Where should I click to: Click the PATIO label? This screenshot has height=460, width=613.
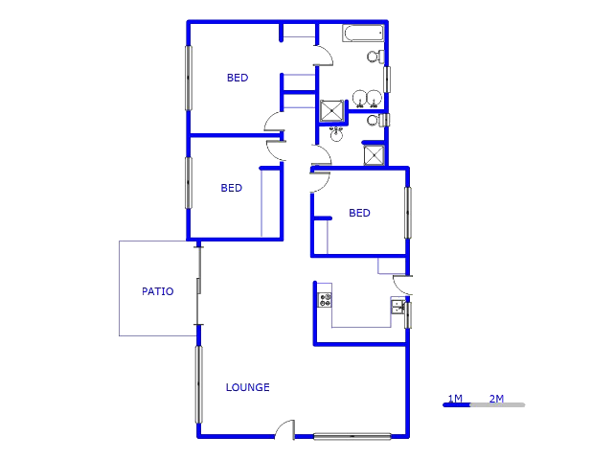click(158, 291)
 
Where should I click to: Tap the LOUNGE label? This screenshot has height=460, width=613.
click(247, 388)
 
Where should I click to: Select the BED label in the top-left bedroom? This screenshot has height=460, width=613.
click(238, 79)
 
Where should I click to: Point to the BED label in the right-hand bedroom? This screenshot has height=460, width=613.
click(359, 214)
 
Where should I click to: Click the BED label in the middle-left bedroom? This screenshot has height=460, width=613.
click(231, 189)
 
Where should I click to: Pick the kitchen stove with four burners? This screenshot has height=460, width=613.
click(326, 300)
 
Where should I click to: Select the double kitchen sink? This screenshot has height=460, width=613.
click(397, 307)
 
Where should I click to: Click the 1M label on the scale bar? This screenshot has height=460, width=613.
click(455, 398)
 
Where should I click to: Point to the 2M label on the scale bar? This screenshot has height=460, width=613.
click(497, 398)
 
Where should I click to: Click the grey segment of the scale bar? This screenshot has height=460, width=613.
click(497, 405)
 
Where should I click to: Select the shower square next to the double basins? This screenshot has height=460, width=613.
click(331, 110)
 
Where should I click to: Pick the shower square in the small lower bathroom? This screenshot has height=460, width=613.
click(374, 156)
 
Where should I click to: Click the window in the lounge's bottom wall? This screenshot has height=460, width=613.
click(352, 436)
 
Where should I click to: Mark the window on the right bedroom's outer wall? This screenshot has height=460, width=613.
click(407, 213)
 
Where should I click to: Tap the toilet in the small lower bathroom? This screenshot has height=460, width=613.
click(375, 121)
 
